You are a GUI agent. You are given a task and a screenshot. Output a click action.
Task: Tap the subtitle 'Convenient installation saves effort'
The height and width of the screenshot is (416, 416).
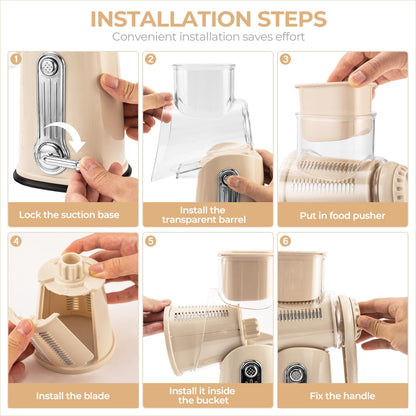pyautogui.click(x=207, y=37)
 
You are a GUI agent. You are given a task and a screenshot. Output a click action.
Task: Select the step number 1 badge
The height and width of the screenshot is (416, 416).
pyautogui.click(x=15, y=59)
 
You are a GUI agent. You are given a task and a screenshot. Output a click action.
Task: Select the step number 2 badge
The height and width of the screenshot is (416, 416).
pyautogui.click(x=150, y=59)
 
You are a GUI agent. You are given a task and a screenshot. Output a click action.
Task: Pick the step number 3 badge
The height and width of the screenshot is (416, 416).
pyautogui.click(x=285, y=59)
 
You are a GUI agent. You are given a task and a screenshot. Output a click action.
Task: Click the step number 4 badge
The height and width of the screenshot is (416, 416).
pyautogui.click(x=15, y=241)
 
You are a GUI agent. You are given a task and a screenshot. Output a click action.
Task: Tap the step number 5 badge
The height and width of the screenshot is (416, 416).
pyautogui.click(x=150, y=241)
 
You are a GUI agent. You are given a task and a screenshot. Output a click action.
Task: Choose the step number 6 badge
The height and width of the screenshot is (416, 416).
pyautogui.click(x=285, y=241)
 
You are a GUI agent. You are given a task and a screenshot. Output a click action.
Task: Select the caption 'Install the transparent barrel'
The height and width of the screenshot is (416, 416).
pyautogui.click(x=207, y=214)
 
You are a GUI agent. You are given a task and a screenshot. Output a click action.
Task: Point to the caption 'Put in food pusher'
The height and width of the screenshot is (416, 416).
pyautogui.click(x=342, y=214)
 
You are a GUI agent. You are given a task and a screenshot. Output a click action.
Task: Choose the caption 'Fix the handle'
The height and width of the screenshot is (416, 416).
pyautogui.click(x=342, y=397)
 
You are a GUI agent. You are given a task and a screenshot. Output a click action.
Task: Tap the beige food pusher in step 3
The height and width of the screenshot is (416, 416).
pyautogui.click(x=334, y=105)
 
